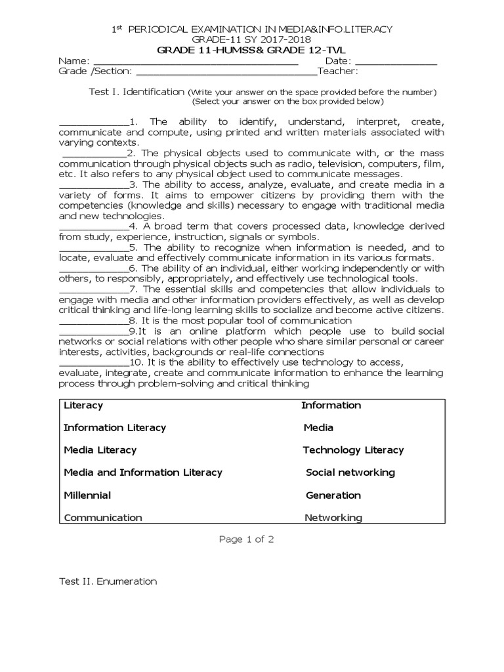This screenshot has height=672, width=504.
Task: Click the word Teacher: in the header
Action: tap(337, 71)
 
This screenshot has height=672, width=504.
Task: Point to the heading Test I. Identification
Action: tap(136, 92)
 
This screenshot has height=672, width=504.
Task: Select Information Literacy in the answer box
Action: tap(115, 428)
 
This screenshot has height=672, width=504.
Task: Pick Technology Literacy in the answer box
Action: tap(353, 450)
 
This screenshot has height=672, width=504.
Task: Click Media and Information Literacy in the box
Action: tap(143, 472)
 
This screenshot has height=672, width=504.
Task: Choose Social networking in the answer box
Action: tap(350, 472)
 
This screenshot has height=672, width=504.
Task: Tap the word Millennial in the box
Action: tap(87, 495)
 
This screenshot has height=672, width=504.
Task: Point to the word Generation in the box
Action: tap(333, 495)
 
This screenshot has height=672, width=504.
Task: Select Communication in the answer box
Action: tap(103, 518)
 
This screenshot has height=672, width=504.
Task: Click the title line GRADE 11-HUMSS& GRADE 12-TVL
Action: tap(251, 50)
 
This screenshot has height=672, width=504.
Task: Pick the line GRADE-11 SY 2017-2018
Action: tap(251, 39)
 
